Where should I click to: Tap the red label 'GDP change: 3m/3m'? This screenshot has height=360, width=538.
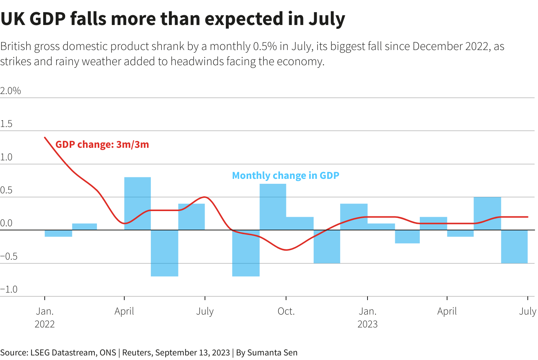click(x=102, y=144)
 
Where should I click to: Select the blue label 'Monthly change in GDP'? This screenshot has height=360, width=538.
click(x=285, y=175)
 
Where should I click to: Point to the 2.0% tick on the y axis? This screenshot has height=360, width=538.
click(x=11, y=91)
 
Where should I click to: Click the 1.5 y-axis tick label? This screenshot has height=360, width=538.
click(x=6, y=124)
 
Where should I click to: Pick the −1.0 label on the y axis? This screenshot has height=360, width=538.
click(x=9, y=290)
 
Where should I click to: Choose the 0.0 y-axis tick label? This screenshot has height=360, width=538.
click(x=6, y=223)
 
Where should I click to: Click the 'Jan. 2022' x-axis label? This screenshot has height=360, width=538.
click(x=45, y=318)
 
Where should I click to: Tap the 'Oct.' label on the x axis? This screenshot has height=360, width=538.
click(x=286, y=311)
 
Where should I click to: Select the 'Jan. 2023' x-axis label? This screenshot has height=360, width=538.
click(x=368, y=318)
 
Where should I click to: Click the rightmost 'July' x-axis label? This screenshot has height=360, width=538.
click(x=527, y=311)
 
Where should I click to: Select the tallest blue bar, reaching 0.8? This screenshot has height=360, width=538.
click(x=138, y=203)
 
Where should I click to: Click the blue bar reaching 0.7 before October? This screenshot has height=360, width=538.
click(x=273, y=207)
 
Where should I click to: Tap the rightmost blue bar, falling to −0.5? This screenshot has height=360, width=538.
click(x=514, y=247)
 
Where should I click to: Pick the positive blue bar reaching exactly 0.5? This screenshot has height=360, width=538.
click(x=487, y=213)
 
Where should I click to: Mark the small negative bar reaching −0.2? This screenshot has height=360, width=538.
click(x=407, y=236)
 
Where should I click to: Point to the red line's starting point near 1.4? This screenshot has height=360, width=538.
click(x=45, y=138)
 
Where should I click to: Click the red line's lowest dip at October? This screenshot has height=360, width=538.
click(x=286, y=250)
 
